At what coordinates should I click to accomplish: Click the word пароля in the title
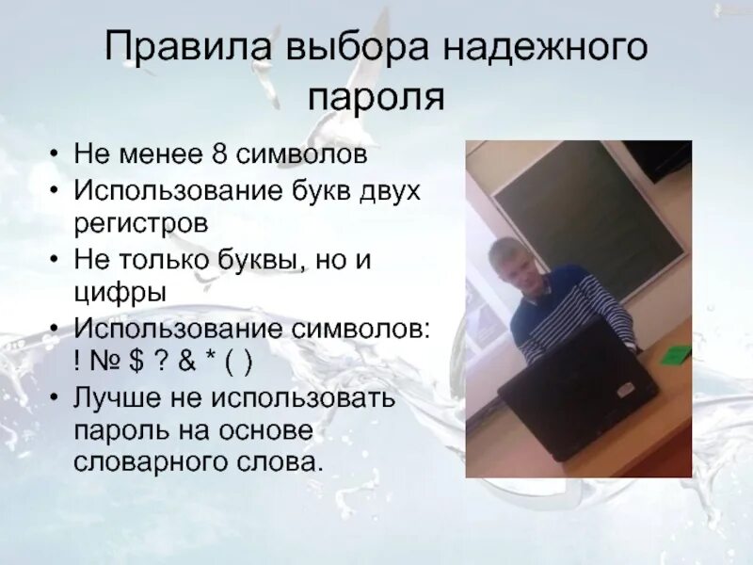(376, 96)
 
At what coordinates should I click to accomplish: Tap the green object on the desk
(675, 355)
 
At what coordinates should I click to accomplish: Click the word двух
(392, 191)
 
